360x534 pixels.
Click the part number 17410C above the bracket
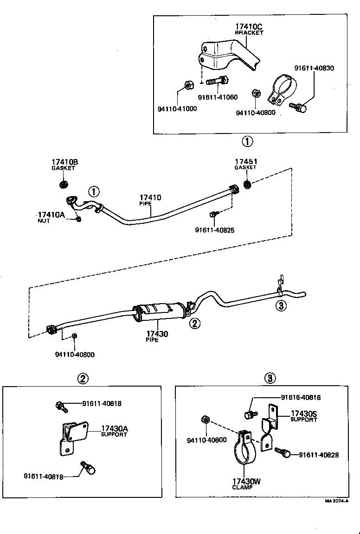tap(249, 27)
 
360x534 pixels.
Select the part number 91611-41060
tap(218, 97)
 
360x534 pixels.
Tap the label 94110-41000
tap(177, 109)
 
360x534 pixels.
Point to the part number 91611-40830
tap(314, 68)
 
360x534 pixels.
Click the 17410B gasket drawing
tap(63, 184)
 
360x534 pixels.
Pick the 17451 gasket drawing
tap(247, 184)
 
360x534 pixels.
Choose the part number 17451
tap(246, 162)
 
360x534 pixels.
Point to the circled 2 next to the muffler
tap(195, 324)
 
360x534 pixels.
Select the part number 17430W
tap(246, 482)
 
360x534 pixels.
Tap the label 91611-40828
tap(319, 455)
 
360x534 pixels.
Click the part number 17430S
tap(304, 413)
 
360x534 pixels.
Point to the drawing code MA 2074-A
tap(336, 501)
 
